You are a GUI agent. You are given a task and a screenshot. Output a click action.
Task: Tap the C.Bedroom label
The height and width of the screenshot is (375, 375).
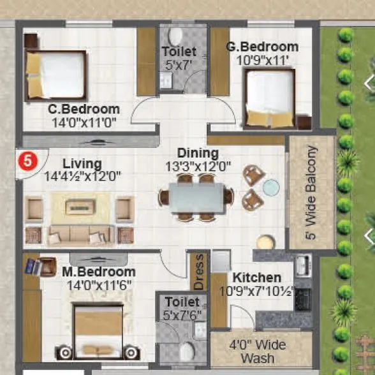coord(84,109)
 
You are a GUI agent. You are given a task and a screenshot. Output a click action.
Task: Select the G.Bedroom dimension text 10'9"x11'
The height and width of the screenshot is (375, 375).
coord(261,59)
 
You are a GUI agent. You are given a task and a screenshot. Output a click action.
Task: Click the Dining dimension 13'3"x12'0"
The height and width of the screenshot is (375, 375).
coord(198,166)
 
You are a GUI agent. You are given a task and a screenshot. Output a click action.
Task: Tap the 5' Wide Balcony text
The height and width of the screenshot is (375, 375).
coord(311,193)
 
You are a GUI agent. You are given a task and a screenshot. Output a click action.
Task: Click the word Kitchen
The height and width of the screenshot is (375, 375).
coord(256,278)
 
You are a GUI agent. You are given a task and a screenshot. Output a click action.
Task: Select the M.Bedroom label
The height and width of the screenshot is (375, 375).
coord(99,272)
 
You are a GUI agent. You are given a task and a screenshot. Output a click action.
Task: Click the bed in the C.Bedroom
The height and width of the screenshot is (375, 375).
coord(56,73)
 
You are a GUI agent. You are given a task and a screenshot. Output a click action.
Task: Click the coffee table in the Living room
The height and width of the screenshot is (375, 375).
coord(80,206)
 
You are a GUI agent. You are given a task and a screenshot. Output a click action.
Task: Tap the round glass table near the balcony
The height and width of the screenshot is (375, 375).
coord(271,187)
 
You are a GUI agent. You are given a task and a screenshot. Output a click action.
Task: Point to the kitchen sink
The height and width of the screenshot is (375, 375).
coord(302,265)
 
